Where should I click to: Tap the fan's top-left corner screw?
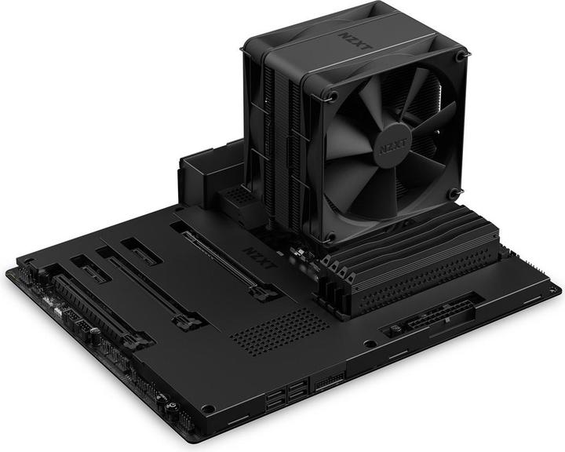334,97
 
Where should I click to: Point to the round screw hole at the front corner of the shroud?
207,408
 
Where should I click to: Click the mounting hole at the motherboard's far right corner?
553,290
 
